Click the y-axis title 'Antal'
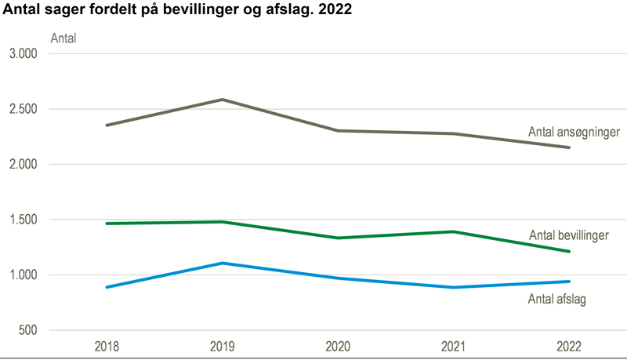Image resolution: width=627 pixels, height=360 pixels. [x=63, y=38]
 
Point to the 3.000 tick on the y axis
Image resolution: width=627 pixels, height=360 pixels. [x=24, y=54]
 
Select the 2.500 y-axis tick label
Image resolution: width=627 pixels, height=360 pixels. [x=24, y=109]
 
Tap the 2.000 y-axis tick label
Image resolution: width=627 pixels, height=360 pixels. [x=24, y=165]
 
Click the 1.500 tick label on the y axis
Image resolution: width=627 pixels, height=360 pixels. [x=24, y=220]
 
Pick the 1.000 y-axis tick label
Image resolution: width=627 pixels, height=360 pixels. [x=24, y=275]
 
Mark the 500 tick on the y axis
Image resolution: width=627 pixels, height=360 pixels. [x=28, y=330]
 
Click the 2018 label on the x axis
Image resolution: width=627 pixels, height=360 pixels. [x=107, y=346]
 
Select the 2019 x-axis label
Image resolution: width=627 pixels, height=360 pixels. [x=222, y=346]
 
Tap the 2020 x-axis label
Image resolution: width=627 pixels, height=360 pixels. [x=338, y=346]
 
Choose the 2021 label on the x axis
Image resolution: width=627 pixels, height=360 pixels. [x=453, y=346]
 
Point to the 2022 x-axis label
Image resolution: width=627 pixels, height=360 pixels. [x=569, y=346]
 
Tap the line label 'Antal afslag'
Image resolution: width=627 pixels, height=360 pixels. [x=557, y=298]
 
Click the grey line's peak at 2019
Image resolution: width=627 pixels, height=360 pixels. [x=222, y=100]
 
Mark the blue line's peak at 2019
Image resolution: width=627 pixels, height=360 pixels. [x=222, y=263]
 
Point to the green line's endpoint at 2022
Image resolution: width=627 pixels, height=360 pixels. [x=569, y=252]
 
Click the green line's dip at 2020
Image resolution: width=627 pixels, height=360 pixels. [x=338, y=238]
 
